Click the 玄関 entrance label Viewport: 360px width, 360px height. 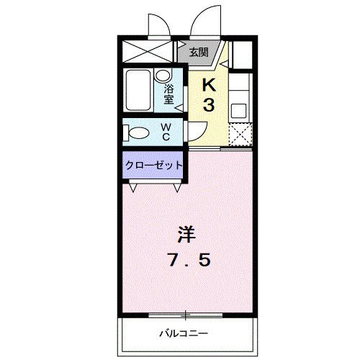(199, 52)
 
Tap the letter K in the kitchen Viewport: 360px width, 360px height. (210, 84)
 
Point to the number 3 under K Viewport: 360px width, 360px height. (209, 105)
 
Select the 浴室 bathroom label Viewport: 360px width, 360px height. (168, 94)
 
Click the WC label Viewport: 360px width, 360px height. (166, 132)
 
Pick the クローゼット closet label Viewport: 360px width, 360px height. (154, 166)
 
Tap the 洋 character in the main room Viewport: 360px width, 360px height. (186, 235)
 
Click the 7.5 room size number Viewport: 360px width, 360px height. (190, 260)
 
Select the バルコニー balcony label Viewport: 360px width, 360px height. (184, 333)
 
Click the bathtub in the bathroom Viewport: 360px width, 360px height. (138, 90)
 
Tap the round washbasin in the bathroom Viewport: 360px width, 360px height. (163, 76)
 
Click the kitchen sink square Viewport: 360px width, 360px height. (238, 111)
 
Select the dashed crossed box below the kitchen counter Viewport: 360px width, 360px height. (240, 134)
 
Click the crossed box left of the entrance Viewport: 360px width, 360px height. (148, 52)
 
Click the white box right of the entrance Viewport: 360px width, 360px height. (243, 55)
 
